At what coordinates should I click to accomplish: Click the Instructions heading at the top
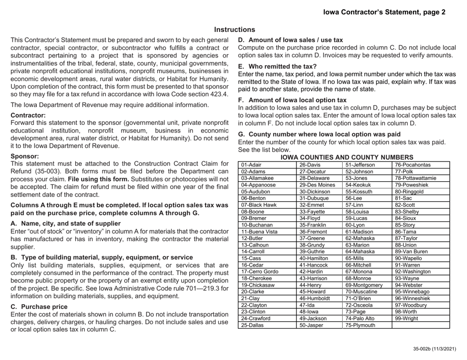coord(234,30)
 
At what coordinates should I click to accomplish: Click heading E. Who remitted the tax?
coord(277,65)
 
